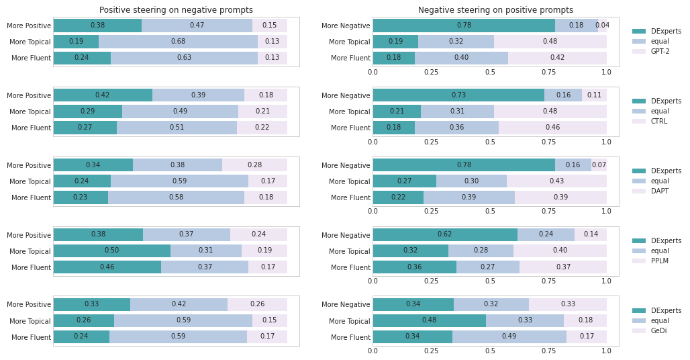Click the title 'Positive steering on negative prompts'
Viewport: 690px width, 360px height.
[x=176, y=10]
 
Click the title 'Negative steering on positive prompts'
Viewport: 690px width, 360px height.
[x=495, y=10]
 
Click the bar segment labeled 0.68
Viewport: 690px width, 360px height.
[x=178, y=42]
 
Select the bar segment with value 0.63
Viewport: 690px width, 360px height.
[x=184, y=58]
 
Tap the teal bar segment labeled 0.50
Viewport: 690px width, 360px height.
[x=111, y=251]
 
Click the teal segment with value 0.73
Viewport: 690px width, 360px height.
[x=458, y=95]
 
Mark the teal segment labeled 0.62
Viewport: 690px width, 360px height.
[x=445, y=235]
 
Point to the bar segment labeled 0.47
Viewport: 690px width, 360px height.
[x=197, y=26]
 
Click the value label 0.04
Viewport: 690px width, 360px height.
[x=602, y=26]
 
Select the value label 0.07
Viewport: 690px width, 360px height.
[x=599, y=165]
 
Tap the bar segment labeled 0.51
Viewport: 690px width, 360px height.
[x=177, y=128]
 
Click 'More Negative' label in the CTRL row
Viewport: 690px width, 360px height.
[x=346, y=95]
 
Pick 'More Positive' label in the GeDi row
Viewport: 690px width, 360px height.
[x=29, y=305]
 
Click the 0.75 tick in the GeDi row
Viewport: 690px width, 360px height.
[x=548, y=351]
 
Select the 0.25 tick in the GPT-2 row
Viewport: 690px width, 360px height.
[x=432, y=72]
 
